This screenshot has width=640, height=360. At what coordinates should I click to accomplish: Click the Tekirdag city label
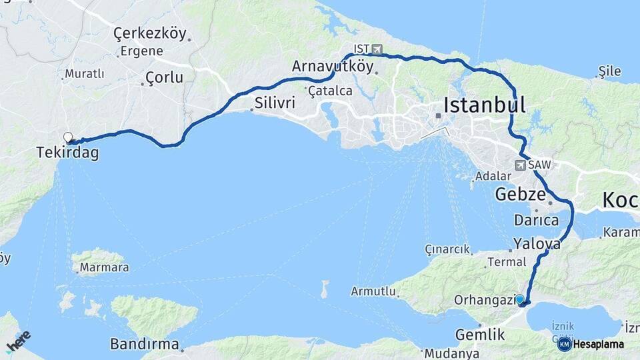point(67,153)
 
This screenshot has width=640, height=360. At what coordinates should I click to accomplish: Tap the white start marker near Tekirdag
point(67,138)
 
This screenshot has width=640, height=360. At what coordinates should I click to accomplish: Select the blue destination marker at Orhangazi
point(520,300)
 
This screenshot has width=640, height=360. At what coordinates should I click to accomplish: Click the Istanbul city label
point(485,105)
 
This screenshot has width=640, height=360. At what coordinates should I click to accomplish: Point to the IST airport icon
point(377,49)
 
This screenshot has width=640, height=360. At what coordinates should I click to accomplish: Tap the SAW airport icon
point(520,165)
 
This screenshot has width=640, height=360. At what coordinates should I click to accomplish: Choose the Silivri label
point(273,103)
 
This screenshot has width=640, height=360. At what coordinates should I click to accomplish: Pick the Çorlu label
point(164,77)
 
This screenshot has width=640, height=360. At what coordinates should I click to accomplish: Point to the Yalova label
point(537,244)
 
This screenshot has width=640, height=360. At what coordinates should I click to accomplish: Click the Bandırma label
point(145,345)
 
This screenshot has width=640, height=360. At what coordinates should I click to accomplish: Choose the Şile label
point(610,71)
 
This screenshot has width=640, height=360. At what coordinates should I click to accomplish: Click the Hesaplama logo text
point(599,344)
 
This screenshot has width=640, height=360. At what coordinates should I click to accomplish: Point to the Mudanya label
point(451,353)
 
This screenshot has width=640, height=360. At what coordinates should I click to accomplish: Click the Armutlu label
point(373,292)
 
